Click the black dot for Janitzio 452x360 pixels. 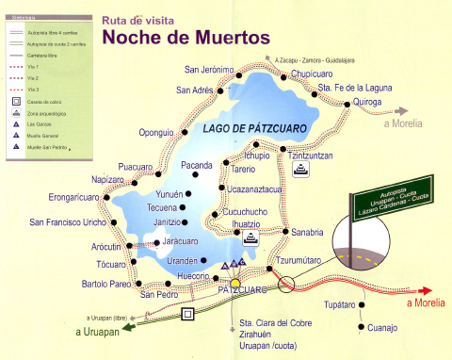point(186,221)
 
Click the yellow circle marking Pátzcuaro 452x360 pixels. point(235,281)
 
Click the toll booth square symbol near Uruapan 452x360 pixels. point(187,314)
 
